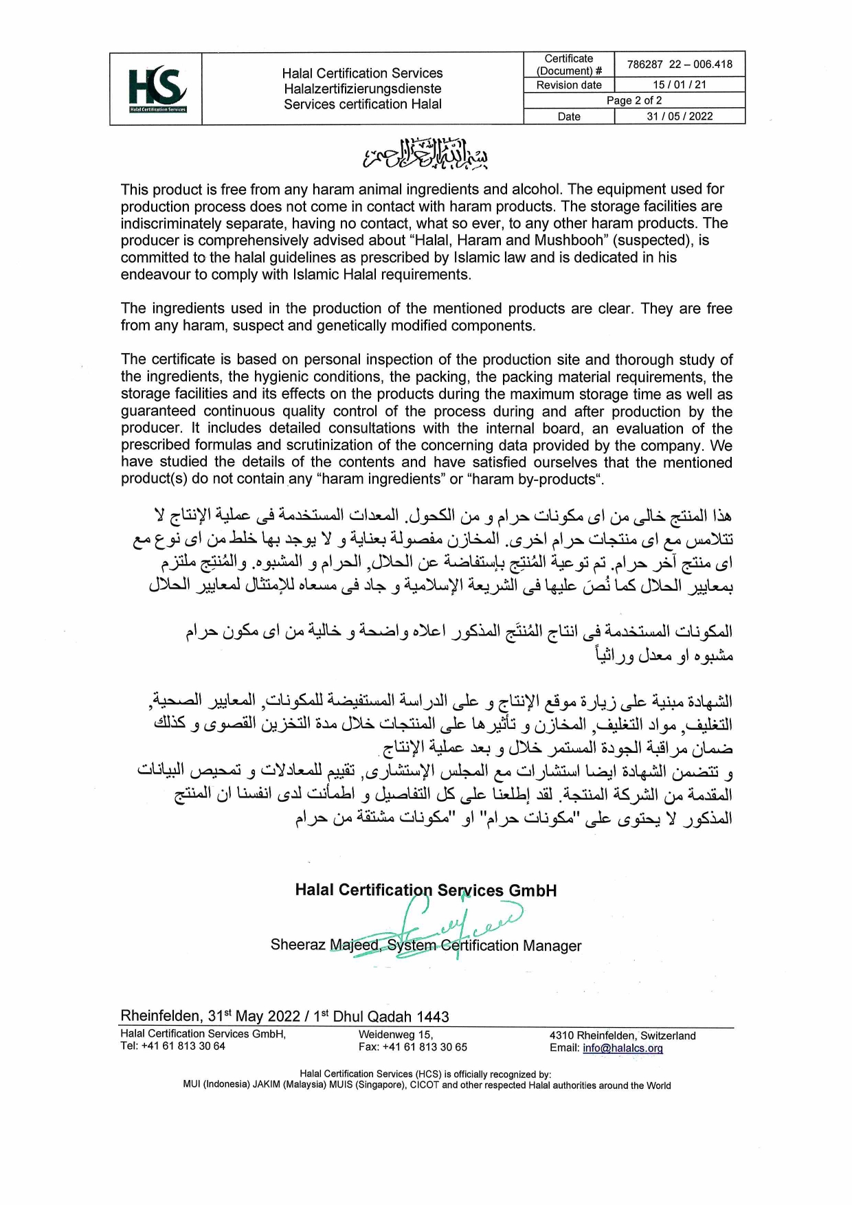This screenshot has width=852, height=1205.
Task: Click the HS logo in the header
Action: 157,88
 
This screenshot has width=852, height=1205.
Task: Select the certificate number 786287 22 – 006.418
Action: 679,65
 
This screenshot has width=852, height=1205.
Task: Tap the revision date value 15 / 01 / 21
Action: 679,85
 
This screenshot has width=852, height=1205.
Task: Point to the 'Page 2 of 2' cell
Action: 634,100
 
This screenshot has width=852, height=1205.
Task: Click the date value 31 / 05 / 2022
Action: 679,116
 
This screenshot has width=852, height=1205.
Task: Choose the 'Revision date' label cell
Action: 569,85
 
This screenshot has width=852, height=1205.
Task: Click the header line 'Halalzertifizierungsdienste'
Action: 362,89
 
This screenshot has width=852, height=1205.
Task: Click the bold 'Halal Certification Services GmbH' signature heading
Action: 425,890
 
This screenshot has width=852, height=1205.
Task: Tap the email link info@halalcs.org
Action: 623,1048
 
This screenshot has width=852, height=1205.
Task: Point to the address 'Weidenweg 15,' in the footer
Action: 395,1035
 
